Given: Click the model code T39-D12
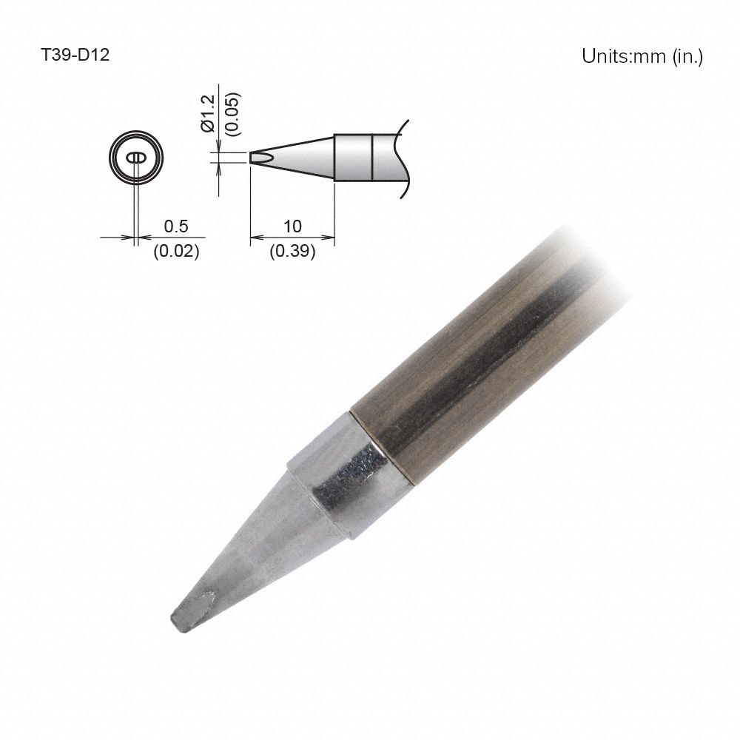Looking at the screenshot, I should (x=75, y=55).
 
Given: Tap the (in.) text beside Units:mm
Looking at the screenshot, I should (x=687, y=56).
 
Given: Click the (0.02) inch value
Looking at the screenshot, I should (x=175, y=252).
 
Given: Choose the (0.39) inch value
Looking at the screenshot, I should (x=293, y=252).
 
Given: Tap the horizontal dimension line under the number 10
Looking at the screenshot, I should (x=293, y=238).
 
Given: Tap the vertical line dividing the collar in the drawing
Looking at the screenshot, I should (x=370, y=157).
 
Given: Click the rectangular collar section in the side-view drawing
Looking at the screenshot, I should (x=352, y=157).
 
